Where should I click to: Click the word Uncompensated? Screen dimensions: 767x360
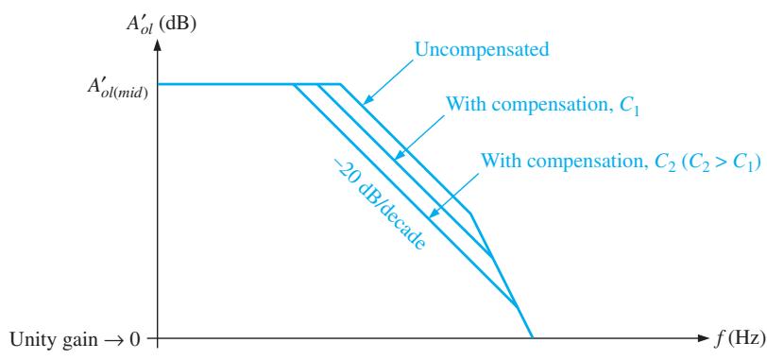[482, 49]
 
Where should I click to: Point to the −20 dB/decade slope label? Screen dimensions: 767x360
[378, 204]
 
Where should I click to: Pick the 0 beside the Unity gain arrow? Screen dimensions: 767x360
[136, 338]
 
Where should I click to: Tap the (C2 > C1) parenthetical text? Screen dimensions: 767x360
[719, 162]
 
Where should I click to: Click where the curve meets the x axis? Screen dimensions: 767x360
[532, 337]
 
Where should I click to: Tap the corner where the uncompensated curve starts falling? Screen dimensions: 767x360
[340, 84]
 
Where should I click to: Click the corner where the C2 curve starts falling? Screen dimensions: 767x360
[294, 84]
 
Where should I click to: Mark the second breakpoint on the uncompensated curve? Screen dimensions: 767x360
[470, 214]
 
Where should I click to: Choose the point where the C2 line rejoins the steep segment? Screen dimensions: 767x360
[517, 307]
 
